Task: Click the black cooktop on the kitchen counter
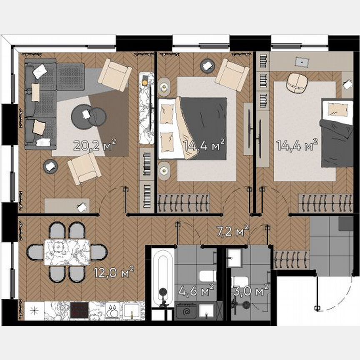click(x=79, y=310)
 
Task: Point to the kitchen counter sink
click(x=133, y=310)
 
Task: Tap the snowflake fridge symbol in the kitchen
click(x=35, y=310)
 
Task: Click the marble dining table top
click(x=67, y=252)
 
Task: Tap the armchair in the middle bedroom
click(x=232, y=74)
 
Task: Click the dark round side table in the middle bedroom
click(x=206, y=65)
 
